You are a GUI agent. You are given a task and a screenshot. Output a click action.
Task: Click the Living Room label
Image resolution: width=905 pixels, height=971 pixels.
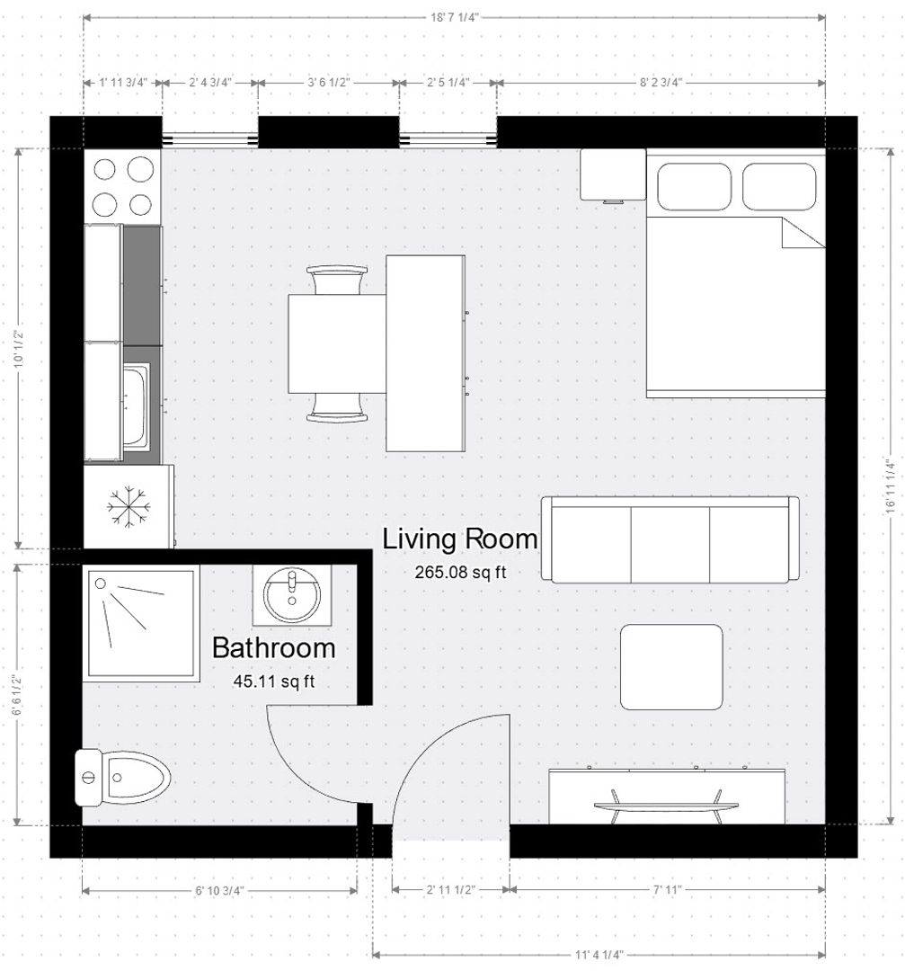(x=460, y=539)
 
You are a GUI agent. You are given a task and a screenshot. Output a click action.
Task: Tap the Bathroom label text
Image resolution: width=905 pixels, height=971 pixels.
(x=273, y=647)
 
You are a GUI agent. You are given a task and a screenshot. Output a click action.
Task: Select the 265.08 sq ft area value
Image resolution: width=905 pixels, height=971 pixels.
(x=460, y=572)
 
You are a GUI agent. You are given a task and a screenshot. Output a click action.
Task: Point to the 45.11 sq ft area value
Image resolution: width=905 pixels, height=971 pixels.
(x=273, y=681)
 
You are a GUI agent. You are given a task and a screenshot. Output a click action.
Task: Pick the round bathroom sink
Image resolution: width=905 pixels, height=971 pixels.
(x=291, y=595)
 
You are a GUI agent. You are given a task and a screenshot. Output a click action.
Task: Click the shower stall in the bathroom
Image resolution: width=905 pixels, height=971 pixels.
(x=141, y=623)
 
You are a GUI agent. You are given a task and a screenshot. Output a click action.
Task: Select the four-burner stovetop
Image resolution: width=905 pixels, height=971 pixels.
(x=122, y=186)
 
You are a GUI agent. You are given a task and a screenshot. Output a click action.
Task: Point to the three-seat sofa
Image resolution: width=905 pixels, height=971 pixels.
(x=670, y=539)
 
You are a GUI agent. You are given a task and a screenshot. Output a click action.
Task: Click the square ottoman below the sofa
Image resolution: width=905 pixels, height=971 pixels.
(x=671, y=666)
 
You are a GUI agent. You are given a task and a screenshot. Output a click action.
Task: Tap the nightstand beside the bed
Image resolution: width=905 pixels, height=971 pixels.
(x=612, y=174)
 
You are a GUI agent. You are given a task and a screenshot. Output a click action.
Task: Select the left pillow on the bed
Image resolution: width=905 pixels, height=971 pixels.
(x=694, y=187)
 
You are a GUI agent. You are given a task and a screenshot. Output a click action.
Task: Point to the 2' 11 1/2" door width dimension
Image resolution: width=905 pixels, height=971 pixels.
(x=451, y=890)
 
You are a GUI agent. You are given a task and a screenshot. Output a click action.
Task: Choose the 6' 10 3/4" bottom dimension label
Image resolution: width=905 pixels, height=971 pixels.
(x=219, y=890)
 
